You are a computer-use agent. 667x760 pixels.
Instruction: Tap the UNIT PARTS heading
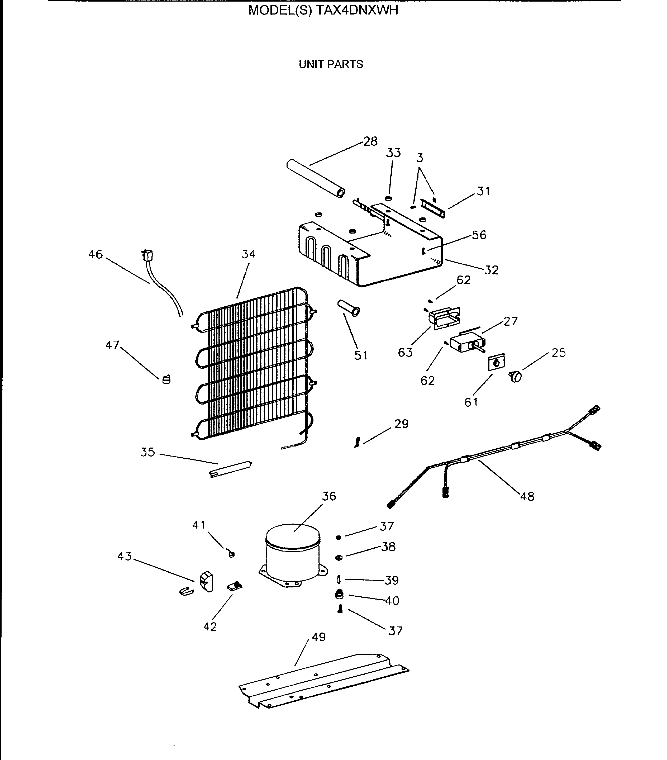pyautogui.click(x=331, y=64)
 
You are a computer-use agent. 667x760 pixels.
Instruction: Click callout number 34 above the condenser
pyautogui.click(x=248, y=254)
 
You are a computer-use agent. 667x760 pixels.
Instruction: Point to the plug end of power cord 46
pyautogui.click(x=147, y=256)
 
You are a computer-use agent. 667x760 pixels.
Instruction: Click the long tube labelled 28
pyautogui.click(x=315, y=179)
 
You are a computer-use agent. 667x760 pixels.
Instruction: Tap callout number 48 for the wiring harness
pyautogui.click(x=527, y=496)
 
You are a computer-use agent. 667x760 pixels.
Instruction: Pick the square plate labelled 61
pyautogui.click(x=496, y=362)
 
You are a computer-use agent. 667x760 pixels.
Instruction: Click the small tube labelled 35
pyautogui.click(x=231, y=469)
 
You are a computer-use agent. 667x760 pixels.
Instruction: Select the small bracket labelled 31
pyautogui.click(x=432, y=208)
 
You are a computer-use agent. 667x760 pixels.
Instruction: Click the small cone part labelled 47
pyautogui.click(x=166, y=379)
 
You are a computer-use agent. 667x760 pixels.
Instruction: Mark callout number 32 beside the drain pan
pyautogui.click(x=491, y=270)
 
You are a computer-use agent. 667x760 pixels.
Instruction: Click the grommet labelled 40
pyautogui.click(x=339, y=595)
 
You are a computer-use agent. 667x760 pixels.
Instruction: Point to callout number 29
pyautogui.click(x=401, y=424)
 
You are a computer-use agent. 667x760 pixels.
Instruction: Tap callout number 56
pyautogui.click(x=479, y=235)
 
